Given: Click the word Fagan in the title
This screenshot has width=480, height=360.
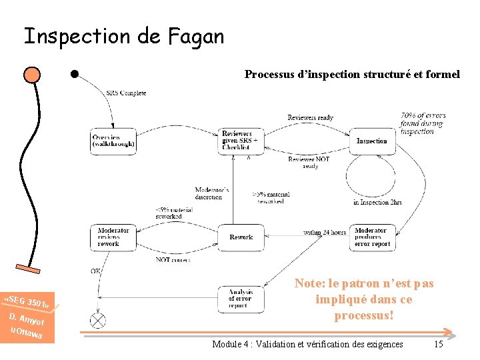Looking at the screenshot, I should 193,36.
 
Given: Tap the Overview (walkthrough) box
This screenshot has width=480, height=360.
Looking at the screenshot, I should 113,141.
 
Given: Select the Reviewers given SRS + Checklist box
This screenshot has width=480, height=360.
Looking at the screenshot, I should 241,141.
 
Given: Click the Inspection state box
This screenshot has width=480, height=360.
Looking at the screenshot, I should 371,141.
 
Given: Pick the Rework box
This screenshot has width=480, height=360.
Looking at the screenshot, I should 241,237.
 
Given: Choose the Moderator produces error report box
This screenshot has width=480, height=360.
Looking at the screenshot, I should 372,237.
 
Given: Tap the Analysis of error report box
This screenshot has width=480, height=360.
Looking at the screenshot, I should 241,297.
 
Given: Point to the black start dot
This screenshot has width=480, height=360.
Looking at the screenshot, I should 75,73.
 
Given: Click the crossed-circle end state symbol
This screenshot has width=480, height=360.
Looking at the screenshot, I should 99,321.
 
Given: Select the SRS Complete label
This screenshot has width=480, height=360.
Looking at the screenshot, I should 126,93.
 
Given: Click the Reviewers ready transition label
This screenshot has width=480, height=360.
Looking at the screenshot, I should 310,118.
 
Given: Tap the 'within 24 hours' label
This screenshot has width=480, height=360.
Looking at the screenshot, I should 324,232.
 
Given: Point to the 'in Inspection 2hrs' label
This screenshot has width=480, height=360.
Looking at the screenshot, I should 377,202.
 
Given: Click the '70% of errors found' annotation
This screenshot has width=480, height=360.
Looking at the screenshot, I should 423,123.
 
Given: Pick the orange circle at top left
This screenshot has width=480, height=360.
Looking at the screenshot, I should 31,73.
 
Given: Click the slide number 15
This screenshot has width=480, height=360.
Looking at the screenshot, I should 438,344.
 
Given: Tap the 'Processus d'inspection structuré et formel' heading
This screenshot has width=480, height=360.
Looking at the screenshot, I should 352,75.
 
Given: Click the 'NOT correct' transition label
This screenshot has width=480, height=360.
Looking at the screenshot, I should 172,259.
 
